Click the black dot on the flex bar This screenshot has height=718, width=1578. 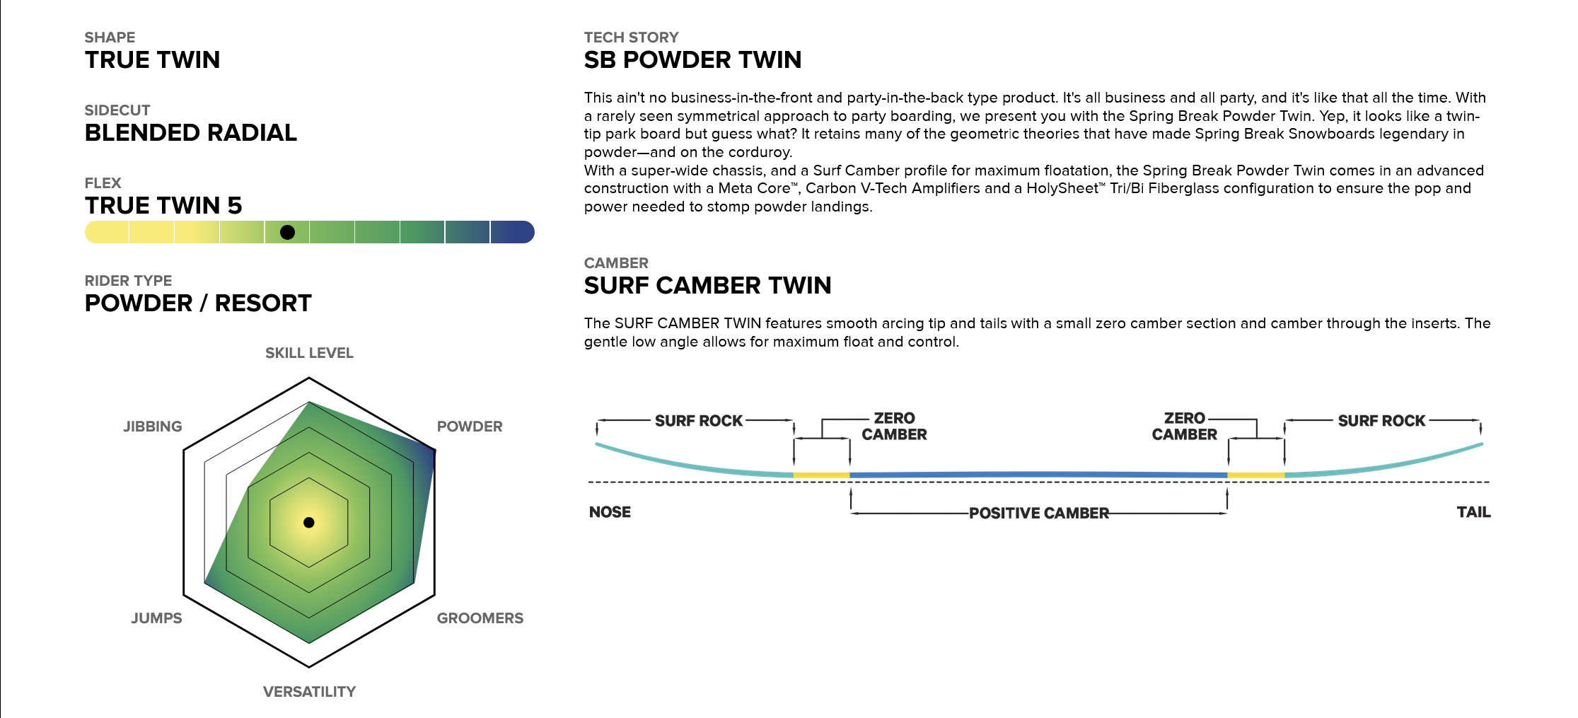point(287,232)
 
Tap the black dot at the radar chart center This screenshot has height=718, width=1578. point(309,523)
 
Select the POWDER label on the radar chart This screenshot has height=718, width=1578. point(470,427)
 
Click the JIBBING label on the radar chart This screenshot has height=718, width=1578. point(153,427)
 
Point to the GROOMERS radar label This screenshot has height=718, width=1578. point(480,618)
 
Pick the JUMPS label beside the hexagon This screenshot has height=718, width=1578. point(156,618)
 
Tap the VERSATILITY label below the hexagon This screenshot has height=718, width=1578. point(310,692)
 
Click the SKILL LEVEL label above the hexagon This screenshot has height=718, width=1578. point(309,353)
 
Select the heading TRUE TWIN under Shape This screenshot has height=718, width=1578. point(153,60)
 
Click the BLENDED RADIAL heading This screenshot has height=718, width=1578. point(191,133)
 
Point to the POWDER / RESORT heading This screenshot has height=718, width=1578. point(198,303)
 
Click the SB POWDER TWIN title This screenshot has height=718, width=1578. point(693,60)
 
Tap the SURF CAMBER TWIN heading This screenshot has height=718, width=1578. point(708,286)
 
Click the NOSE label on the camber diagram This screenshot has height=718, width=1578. point(610,512)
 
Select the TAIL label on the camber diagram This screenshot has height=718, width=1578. point(1474,512)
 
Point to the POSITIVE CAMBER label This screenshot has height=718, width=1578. point(1039,514)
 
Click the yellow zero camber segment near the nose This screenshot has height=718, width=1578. point(821,475)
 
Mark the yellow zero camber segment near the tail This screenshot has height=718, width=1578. point(1256,475)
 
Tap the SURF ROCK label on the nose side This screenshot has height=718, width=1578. point(699,421)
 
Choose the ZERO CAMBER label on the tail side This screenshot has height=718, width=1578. point(1185,427)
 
